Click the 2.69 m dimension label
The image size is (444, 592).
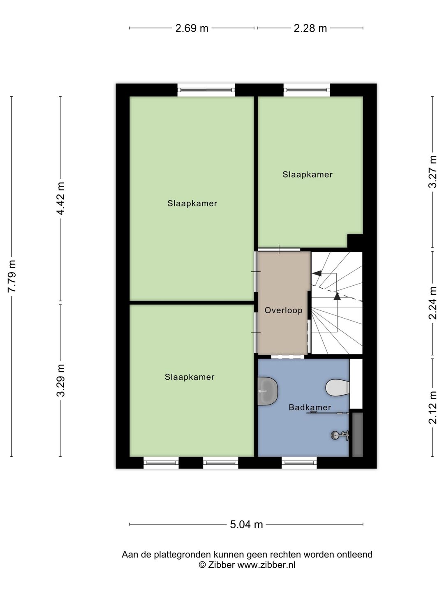point(192,28)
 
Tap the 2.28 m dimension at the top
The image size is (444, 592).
point(310,28)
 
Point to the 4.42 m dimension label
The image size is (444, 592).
point(60,198)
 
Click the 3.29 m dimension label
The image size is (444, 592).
point(60,380)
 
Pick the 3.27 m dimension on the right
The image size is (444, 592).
point(432,172)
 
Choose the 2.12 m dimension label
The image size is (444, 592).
point(432,407)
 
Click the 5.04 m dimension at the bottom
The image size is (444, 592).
point(246,525)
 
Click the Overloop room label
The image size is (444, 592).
point(283,310)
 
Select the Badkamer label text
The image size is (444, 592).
point(310,407)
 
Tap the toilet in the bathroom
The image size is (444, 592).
point(338,387)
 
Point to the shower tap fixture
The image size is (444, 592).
point(340,435)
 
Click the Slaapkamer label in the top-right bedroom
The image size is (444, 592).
point(308,175)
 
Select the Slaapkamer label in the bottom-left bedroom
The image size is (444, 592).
point(190,377)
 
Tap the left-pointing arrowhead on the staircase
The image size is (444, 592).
point(317,273)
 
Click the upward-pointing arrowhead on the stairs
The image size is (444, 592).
point(337,295)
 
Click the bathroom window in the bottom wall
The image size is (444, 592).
point(299,462)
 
